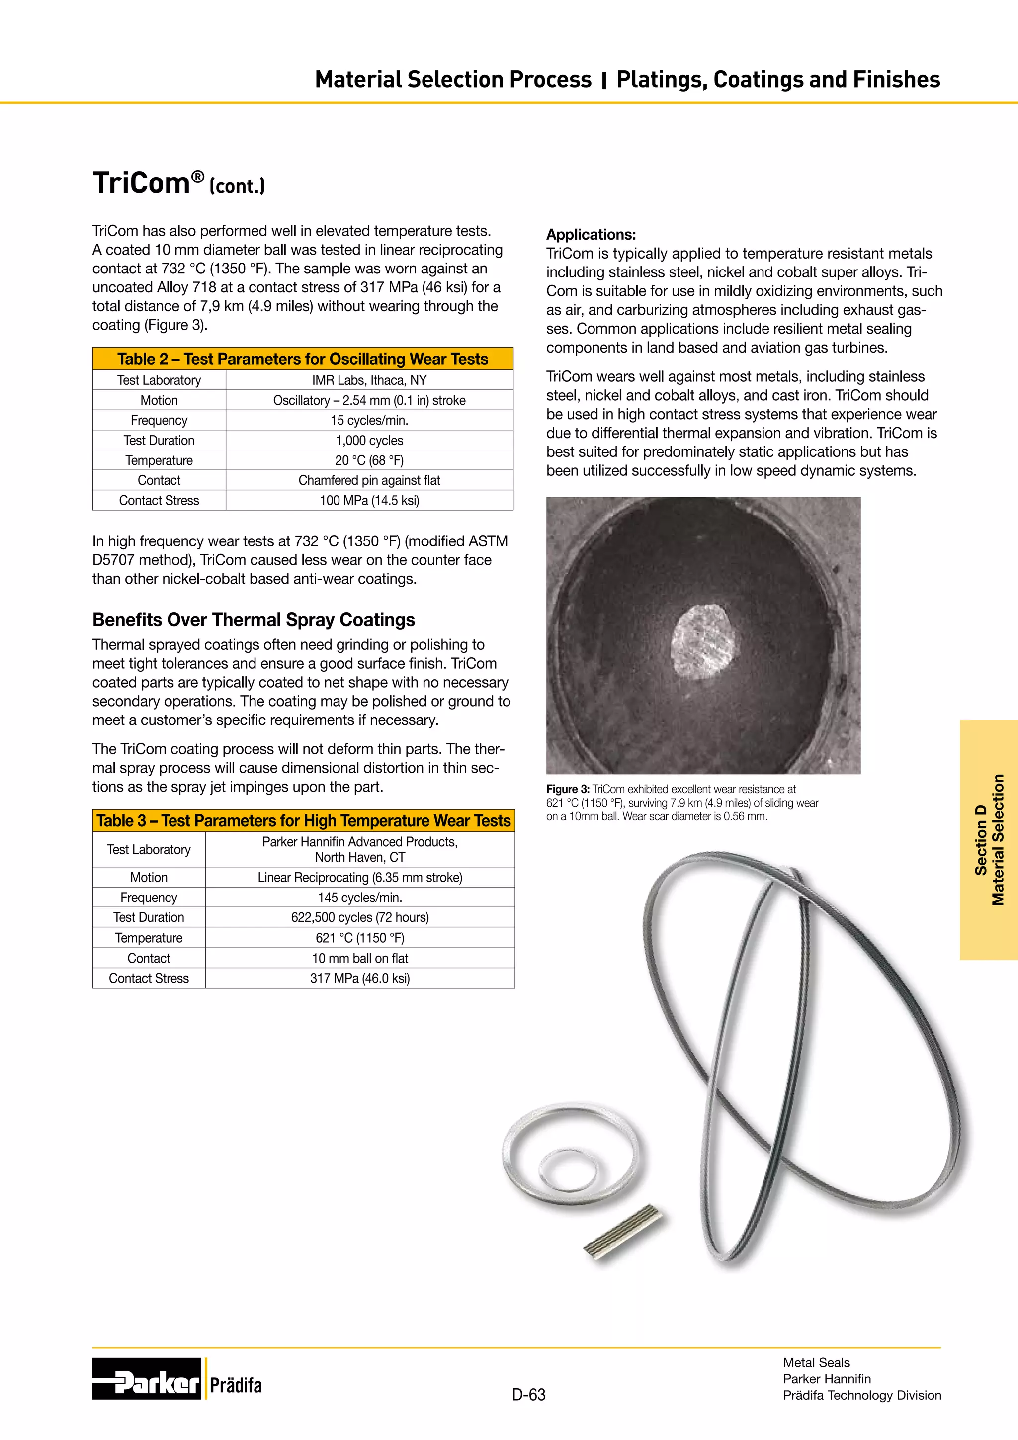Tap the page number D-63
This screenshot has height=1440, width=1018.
tap(528, 1395)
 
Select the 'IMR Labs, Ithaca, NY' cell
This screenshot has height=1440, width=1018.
tap(369, 380)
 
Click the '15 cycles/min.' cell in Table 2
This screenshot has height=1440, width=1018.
tap(369, 420)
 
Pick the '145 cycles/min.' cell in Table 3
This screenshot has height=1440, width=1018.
tap(360, 898)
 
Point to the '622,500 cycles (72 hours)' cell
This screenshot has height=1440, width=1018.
tap(360, 917)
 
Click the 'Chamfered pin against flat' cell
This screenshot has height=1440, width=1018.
tap(369, 480)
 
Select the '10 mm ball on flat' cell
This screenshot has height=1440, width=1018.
tap(360, 958)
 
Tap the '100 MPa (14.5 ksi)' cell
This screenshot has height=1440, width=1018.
tap(369, 501)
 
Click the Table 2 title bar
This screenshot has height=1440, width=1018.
tap(303, 359)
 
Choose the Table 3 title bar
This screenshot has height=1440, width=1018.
tap(303, 820)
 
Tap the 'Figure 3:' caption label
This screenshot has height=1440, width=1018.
tap(567, 789)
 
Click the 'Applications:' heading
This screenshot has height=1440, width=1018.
tap(591, 235)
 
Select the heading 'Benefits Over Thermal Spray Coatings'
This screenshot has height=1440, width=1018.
tap(253, 620)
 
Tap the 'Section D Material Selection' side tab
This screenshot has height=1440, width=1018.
tap(989, 840)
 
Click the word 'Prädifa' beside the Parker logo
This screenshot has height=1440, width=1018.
tap(236, 1385)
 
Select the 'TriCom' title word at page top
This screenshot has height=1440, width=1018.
tap(141, 183)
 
